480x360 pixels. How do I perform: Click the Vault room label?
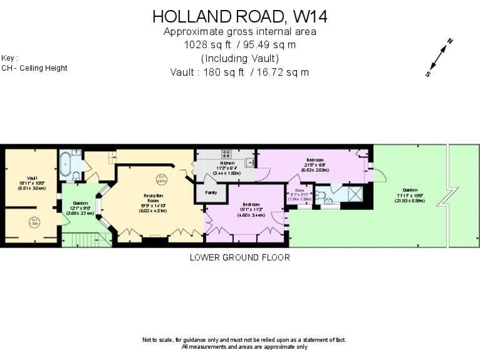(32, 182)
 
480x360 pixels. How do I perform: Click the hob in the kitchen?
(226, 152)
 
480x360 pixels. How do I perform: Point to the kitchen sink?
(249, 162)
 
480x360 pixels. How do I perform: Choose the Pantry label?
(211, 192)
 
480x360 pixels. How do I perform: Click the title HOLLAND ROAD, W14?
(240, 16)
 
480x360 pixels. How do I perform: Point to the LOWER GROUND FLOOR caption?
(240, 257)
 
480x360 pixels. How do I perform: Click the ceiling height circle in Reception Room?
(162, 178)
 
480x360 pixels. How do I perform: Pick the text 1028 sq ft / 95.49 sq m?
(240, 45)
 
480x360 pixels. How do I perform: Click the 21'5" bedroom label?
(315, 164)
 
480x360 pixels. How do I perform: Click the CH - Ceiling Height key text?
(34, 68)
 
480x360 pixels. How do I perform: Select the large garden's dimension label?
(409, 193)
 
